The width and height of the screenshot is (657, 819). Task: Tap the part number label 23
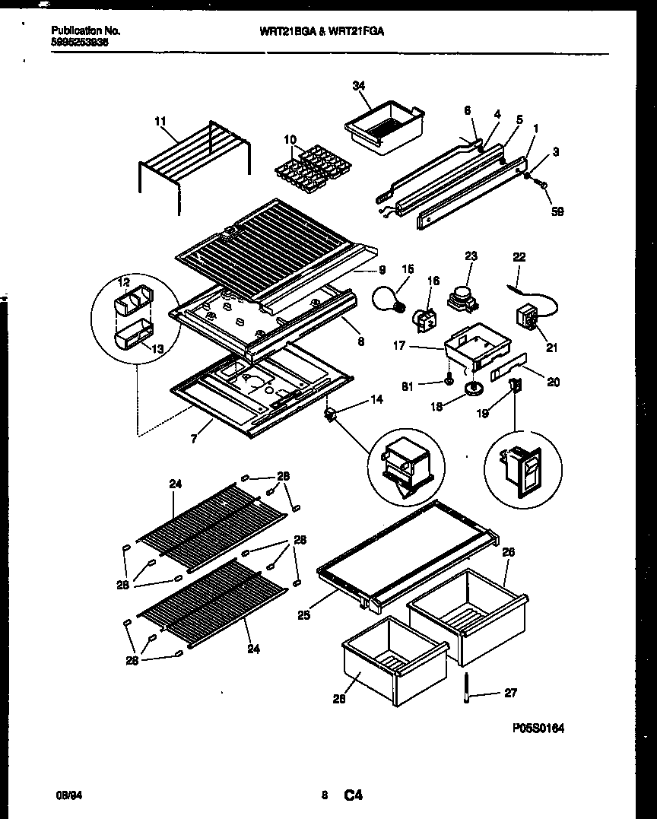(471, 257)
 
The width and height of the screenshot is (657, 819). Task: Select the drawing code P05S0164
(538, 728)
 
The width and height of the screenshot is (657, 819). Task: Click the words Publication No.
(85, 31)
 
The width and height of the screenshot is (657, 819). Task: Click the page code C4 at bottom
(354, 796)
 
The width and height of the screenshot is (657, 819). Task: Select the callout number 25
(303, 615)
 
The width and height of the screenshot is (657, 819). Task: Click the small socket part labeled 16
(422, 319)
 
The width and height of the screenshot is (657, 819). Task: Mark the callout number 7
(195, 440)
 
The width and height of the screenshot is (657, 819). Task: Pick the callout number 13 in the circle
(158, 349)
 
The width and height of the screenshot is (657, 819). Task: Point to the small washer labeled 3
(527, 175)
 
